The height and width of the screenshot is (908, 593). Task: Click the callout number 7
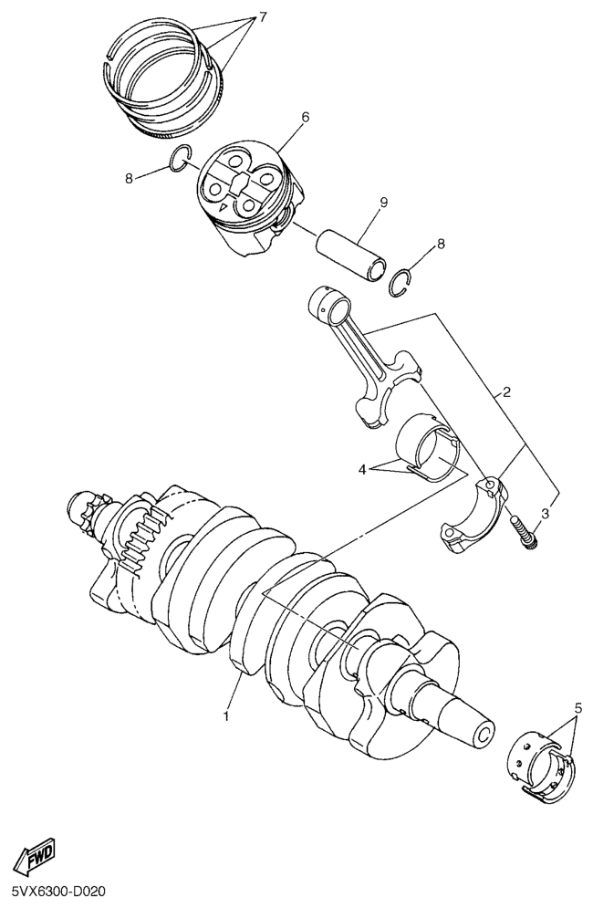(263, 17)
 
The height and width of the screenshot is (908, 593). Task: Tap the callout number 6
(306, 118)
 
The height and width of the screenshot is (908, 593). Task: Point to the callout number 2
(506, 393)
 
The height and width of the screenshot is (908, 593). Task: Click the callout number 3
(545, 513)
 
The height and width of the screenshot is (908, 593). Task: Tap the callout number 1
(226, 716)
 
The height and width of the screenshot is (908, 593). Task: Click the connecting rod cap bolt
(523, 533)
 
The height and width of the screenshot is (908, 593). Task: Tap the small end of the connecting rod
(329, 304)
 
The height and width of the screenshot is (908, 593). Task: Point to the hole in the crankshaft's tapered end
(484, 735)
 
